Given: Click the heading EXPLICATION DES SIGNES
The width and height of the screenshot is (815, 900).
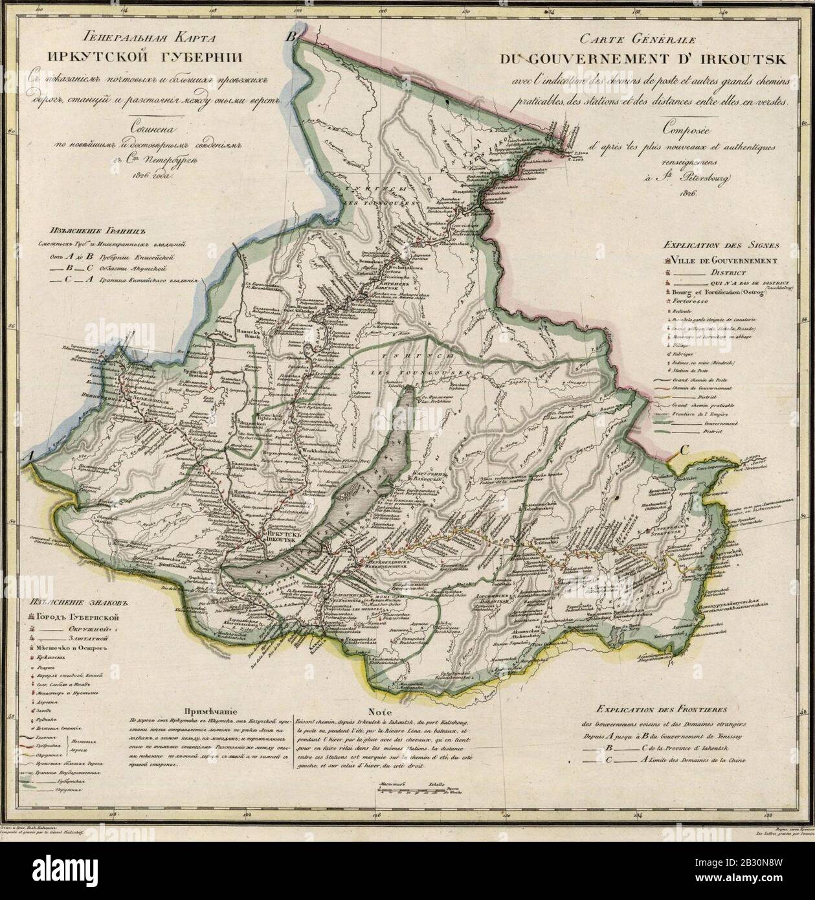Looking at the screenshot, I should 719,246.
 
